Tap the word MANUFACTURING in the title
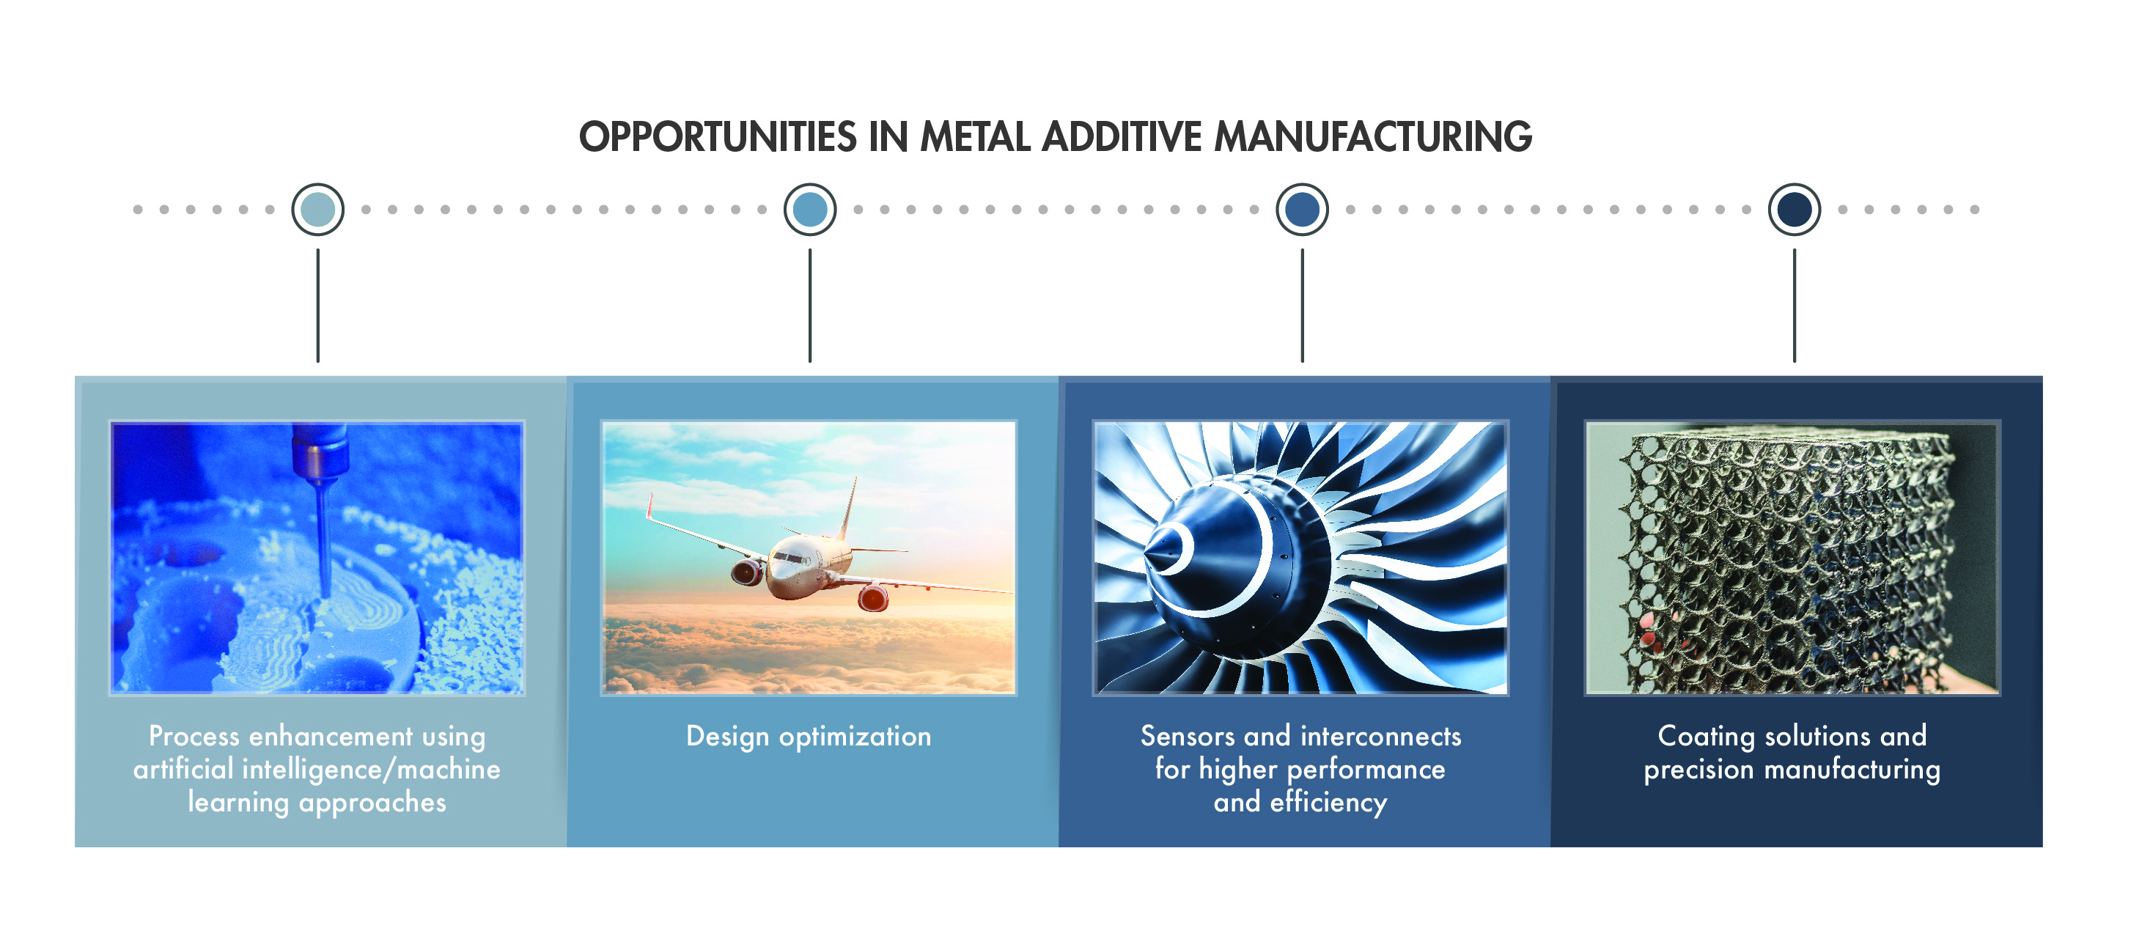1373,136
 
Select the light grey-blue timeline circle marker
317,209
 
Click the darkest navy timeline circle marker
1795,209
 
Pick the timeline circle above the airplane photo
810,209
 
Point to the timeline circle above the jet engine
1302,209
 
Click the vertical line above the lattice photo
1795,305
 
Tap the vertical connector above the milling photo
317,305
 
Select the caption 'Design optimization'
809,736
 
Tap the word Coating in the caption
1706,736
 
